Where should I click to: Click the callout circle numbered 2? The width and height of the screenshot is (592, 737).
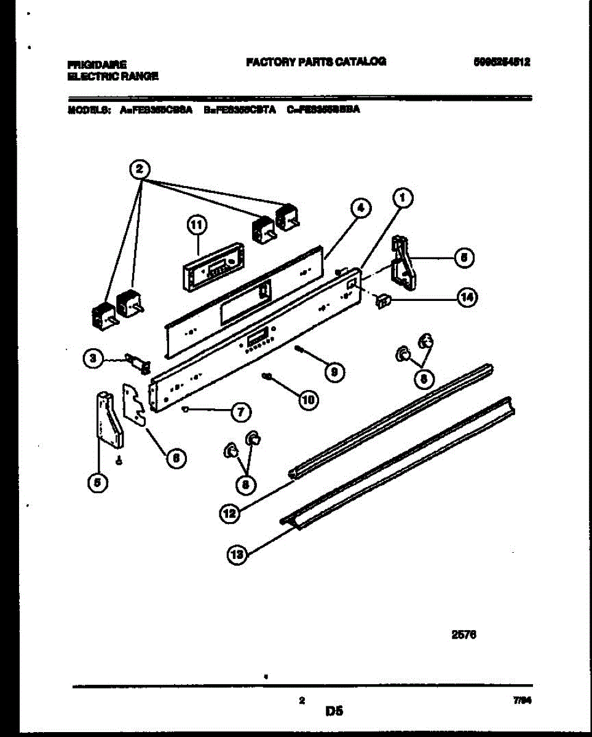click(x=140, y=168)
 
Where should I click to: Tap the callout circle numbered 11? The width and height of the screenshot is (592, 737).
click(x=197, y=227)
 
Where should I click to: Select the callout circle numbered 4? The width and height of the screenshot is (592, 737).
click(x=361, y=209)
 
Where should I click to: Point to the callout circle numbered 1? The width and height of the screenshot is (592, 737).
click(x=402, y=198)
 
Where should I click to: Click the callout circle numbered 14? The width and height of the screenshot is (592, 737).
click(x=467, y=298)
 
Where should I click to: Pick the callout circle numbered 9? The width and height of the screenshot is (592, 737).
click(x=334, y=371)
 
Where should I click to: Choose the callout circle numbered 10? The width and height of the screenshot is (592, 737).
click(x=308, y=399)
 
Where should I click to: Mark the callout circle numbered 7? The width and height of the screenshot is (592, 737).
click(x=240, y=411)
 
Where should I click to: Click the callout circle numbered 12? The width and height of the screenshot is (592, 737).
click(x=229, y=513)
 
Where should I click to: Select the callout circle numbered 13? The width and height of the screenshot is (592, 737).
click(x=237, y=556)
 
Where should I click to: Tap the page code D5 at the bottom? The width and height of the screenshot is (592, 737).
click(x=334, y=712)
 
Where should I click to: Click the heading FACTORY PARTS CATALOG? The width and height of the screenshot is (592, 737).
click(x=316, y=61)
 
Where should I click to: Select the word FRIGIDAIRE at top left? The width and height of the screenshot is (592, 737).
click(x=97, y=64)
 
